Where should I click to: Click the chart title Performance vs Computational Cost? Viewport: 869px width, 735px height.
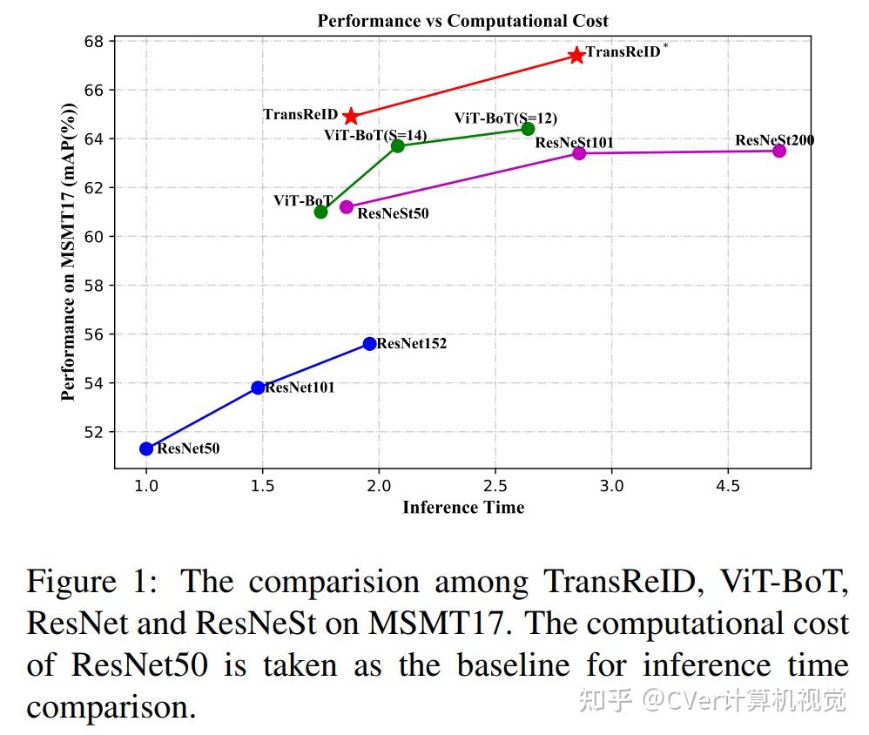pos(462,20)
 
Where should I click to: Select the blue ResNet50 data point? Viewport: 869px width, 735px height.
pos(146,448)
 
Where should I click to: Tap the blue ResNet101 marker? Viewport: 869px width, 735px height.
pos(258,388)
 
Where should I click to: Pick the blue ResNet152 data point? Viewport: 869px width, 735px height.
pos(370,343)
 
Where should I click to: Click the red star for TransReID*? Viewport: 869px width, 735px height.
pos(576,56)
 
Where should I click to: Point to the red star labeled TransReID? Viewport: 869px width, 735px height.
pos(350,117)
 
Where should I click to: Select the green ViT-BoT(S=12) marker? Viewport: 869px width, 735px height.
pos(528,129)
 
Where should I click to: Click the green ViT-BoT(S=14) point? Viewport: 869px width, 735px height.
pos(398,145)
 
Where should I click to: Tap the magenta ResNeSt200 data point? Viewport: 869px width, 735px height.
pos(779,151)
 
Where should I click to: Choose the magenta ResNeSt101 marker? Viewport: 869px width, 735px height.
pos(579,153)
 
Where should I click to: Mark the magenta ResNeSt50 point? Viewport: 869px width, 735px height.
pos(347,206)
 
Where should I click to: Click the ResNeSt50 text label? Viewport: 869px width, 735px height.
pos(393,212)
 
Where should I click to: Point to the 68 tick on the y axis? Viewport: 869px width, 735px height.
pos(95,42)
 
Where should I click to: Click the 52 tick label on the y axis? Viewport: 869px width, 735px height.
pos(95,432)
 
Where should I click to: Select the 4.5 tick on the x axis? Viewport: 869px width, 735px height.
pos(728,485)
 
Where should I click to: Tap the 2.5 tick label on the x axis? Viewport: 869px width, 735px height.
pos(495,485)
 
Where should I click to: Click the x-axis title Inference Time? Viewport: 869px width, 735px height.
pos(463,507)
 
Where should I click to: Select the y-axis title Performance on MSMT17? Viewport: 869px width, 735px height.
pos(69,253)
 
